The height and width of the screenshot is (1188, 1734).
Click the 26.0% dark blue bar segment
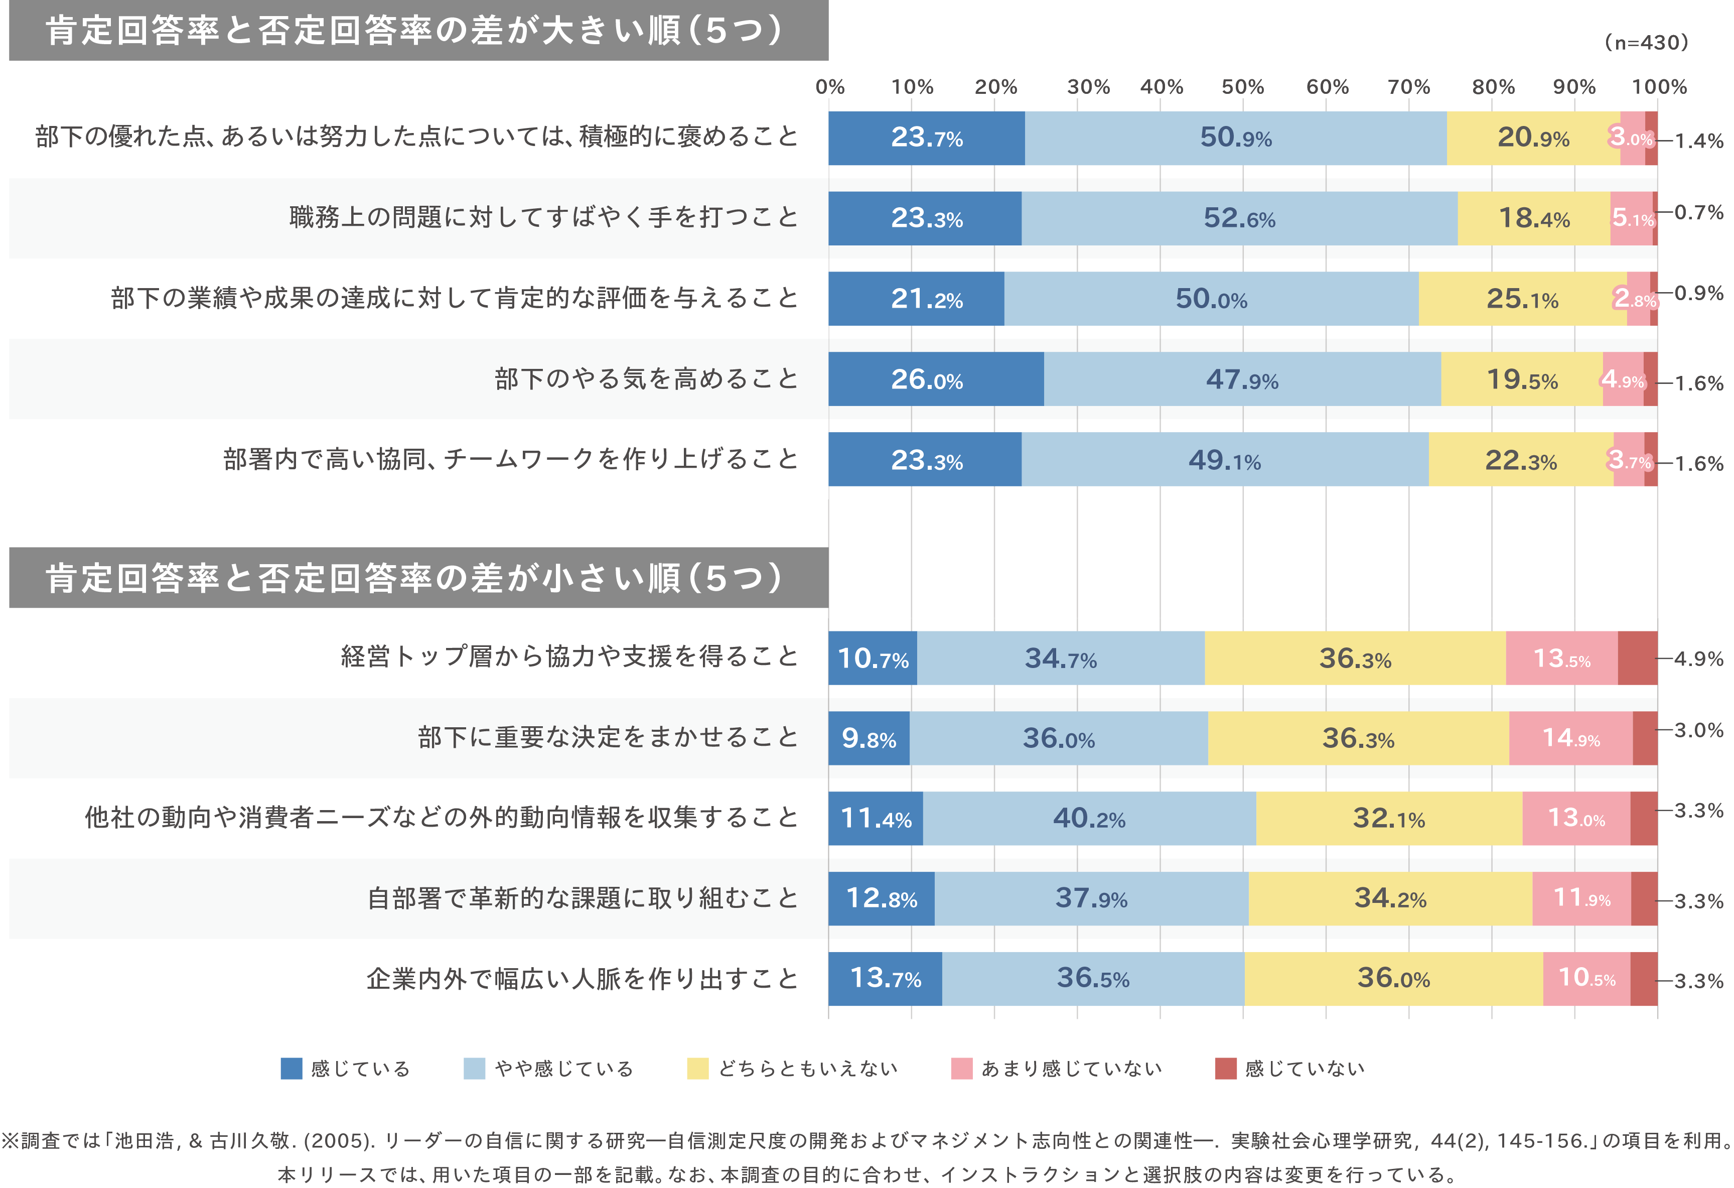[936, 379]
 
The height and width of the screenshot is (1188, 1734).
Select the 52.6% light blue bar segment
[1239, 218]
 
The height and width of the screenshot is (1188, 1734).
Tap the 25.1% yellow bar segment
[1522, 299]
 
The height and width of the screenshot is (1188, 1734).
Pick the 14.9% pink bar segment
[1570, 738]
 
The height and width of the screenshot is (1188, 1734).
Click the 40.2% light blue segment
[1089, 819]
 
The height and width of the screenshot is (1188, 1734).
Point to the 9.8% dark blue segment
[869, 738]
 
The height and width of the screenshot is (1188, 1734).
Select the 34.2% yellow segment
[1390, 898]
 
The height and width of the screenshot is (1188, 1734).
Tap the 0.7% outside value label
[1699, 213]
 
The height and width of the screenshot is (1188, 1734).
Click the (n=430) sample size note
[1646, 43]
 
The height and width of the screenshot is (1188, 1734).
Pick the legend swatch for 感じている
[291, 1069]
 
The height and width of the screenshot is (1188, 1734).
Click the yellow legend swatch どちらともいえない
[697, 1069]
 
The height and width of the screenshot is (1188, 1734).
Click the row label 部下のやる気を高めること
[646, 379]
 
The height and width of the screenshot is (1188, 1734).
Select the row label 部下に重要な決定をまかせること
[608, 738]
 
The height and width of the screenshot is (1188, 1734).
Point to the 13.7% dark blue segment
[885, 978]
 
